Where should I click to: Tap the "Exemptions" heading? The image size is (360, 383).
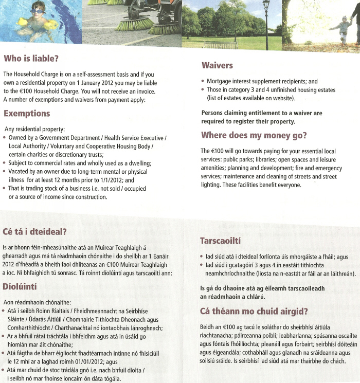click(x=27, y=114)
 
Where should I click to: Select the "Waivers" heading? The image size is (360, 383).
click(x=217, y=65)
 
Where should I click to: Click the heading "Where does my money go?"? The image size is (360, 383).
click(x=254, y=136)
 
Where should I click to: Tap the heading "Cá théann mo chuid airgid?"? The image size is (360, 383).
click(x=255, y=311)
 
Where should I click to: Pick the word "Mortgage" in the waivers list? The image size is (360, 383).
click(x=220, y=81)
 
